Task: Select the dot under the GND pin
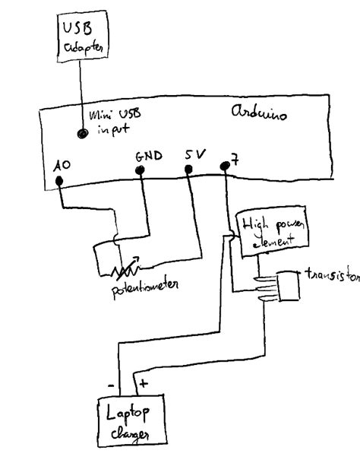point(140,170)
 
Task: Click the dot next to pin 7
point(223,165)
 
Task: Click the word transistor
point(331,275)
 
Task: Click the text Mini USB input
point(114,122)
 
